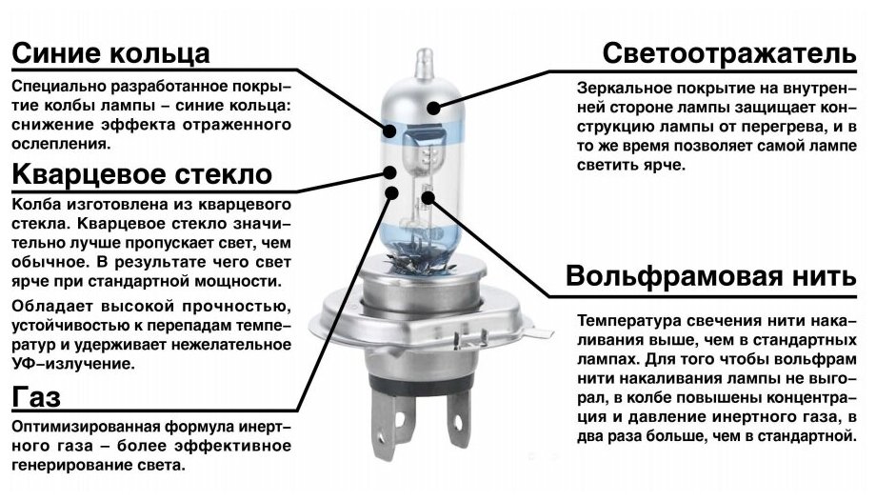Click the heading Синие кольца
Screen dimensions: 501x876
coord(111,51)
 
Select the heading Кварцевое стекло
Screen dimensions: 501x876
coord(143,174)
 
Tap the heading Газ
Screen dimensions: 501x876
coord(36,395)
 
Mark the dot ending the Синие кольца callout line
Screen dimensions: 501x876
coord(391,132)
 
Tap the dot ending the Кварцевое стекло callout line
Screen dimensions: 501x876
coord(390,171)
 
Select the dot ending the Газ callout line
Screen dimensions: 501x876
coord(391,193)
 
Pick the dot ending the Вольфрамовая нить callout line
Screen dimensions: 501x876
coord(428,197)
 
